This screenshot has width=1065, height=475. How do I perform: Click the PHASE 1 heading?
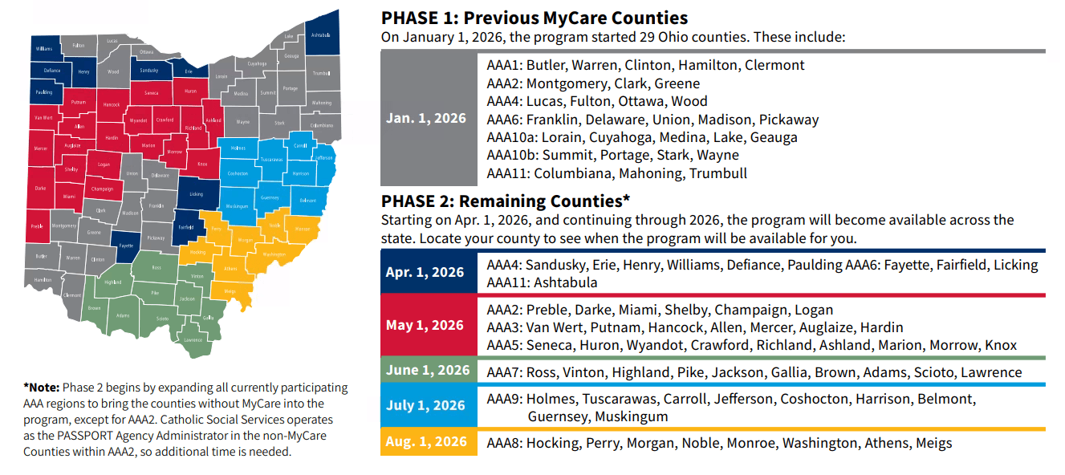point(535,18)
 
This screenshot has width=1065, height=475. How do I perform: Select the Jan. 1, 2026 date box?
point(426,118)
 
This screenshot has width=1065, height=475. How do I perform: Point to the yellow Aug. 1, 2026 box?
point(426,442)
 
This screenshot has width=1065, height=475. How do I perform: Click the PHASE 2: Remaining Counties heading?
point(506,201)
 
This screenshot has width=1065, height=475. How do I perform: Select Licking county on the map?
point(196,193)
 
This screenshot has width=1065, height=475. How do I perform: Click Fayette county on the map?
point(126,246)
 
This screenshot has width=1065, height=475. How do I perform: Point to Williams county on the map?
point(44,49)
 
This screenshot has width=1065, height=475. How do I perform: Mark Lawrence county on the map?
point(193,339)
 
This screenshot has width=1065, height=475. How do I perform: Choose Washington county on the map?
point(274,254)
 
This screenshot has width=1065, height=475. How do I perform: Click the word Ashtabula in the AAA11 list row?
point(562,282)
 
